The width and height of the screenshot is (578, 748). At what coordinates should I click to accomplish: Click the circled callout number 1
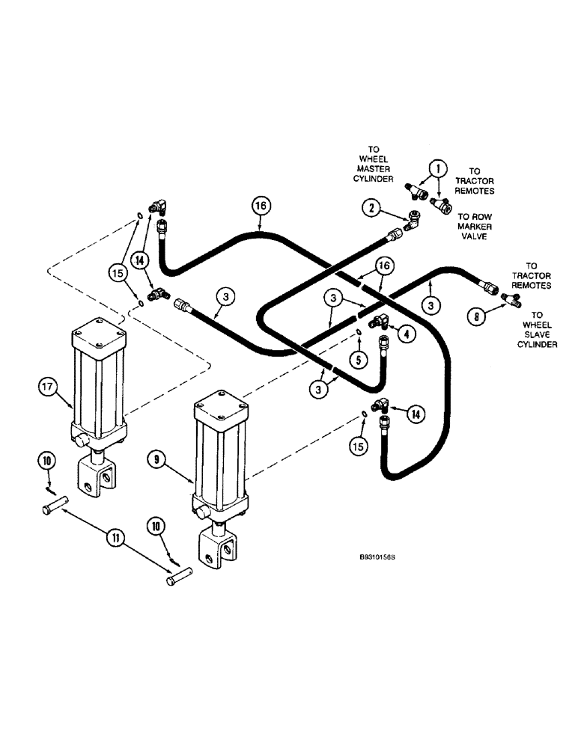[x=438, y=169]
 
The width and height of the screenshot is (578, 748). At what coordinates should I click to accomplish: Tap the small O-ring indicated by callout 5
[x=359, y=331]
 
